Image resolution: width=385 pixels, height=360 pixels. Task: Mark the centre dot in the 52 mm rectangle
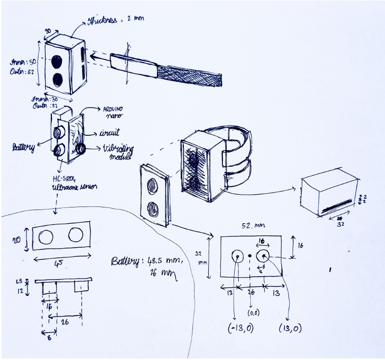250,256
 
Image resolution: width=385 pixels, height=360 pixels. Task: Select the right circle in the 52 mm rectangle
264,256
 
